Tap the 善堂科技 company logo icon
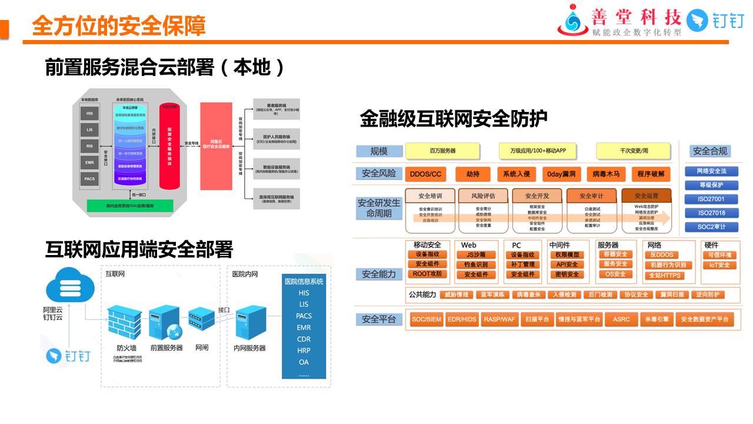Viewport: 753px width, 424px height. (x=572, y=19)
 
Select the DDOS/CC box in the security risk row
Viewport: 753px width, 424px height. (x=425, y=174)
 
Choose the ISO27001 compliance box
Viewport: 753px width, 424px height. (x=712, y=199)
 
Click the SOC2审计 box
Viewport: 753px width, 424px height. (x=712, y=227)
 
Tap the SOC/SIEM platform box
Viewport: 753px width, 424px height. (x=426, y=319)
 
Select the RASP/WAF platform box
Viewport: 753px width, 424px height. (x=499, y=319)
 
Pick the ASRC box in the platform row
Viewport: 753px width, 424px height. (x=621, y=319)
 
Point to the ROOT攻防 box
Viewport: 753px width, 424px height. (x=427, y=274)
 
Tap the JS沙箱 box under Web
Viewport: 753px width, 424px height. (x=476, y=255)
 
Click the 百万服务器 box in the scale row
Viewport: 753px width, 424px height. (x=443, y=151)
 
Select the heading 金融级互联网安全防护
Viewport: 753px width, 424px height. (x=454, y=119)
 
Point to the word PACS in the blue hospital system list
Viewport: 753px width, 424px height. (x=304, y=316)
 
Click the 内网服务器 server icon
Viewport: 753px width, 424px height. (x=250, y=322)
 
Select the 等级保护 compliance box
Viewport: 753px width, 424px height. (x=712, y=185)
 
